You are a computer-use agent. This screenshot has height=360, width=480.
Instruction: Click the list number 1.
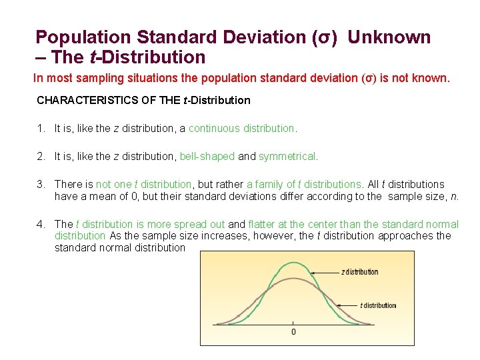(x=41, y=128)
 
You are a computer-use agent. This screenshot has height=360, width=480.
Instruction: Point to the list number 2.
(x=41, y=157)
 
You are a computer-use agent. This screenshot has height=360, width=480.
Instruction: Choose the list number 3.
(x=41, y=185)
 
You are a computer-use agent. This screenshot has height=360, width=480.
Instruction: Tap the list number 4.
(x=41, y=225)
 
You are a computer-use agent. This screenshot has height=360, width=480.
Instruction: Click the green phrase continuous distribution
(x=241, y=128)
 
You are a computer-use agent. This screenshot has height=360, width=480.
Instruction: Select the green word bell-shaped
(x=207, y=157)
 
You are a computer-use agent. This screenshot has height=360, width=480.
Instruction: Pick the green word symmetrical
(x=288, y=157)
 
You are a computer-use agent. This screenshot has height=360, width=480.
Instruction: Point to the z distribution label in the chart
(x=359, y=272)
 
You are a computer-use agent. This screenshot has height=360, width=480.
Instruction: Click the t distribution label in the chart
(x=378, y=306)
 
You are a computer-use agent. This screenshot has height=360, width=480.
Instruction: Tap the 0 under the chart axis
(x=293, y=332)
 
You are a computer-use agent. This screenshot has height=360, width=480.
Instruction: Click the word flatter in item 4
(x=263, y=225)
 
